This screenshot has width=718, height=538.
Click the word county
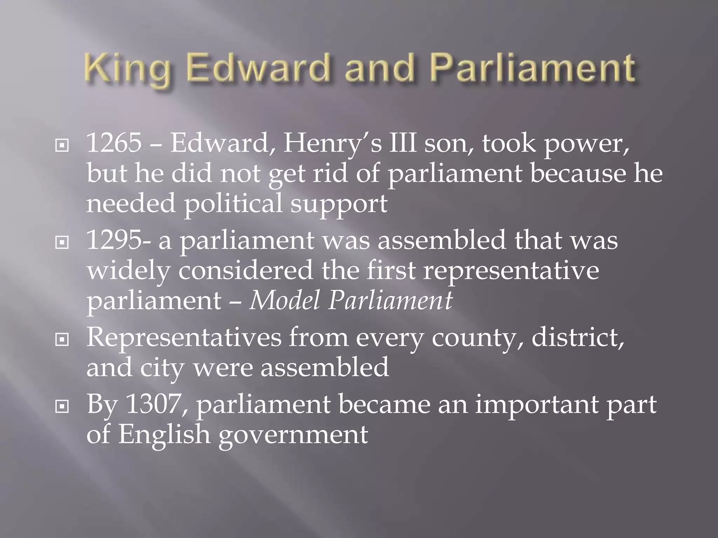477,338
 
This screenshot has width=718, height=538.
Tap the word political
233,204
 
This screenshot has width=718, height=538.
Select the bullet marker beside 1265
62,145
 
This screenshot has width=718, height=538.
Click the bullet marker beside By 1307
62,406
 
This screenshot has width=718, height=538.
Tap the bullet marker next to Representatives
62,339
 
